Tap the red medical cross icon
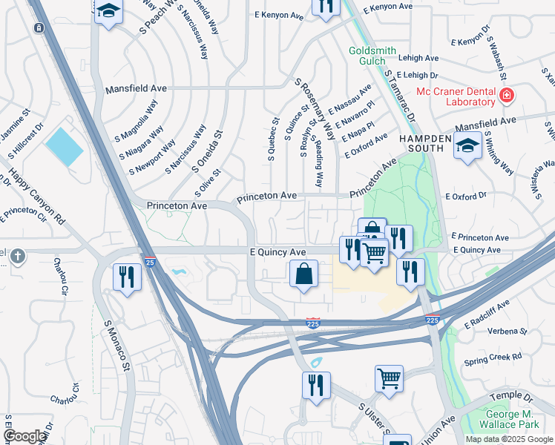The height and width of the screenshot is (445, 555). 507,96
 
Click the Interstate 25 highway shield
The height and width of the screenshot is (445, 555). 150,262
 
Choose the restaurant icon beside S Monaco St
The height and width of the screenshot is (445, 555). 127,277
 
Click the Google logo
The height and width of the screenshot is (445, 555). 24,437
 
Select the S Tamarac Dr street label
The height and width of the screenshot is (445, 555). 400,97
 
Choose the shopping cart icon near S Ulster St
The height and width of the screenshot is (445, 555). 389,379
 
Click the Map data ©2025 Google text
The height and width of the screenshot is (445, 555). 509,438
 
